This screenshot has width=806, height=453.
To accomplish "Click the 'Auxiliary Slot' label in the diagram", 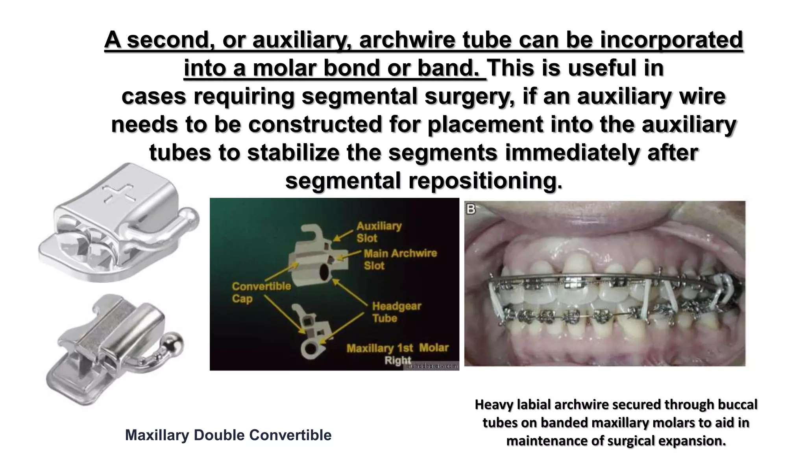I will pos(379,232).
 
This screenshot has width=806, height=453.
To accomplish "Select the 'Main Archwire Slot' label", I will pos(400,259).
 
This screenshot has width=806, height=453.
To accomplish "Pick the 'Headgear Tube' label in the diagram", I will pos(396,312).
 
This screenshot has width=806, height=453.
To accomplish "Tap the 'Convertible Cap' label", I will pos(261,292).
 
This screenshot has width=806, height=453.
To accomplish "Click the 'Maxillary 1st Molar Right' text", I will pos(397,354).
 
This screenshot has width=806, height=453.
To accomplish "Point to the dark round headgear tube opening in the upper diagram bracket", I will pos(325,272).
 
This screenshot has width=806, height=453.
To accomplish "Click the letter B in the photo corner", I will pos(471,209).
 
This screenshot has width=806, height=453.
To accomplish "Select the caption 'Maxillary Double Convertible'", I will pos(228,435).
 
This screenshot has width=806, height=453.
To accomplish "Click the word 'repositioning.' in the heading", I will pos(485,181).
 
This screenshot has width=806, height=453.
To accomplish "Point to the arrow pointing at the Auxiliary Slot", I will pos(343,234).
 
